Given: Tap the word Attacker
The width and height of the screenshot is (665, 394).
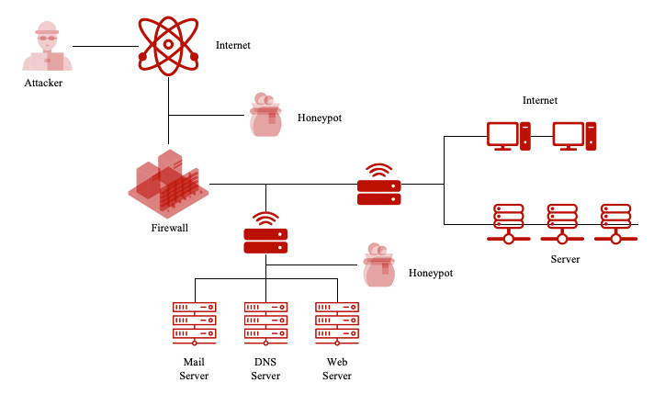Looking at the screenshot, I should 45,84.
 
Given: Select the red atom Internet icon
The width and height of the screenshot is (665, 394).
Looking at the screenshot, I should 168,45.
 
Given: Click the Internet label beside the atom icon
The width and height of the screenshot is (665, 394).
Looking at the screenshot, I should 232,45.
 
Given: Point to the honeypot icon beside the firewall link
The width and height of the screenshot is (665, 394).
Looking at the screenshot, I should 265,116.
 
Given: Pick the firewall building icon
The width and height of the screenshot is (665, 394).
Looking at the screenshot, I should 168,183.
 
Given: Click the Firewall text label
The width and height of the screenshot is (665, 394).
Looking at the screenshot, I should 169,227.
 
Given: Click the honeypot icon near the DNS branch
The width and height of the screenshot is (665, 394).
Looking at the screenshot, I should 377,266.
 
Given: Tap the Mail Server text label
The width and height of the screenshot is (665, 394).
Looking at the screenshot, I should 194,368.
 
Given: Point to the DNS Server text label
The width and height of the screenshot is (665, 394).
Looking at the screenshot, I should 265,368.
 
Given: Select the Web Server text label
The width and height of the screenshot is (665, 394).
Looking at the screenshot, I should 337,368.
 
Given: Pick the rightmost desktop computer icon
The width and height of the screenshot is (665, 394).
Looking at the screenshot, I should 575,136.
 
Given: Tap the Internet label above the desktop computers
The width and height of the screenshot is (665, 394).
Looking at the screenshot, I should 539,100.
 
